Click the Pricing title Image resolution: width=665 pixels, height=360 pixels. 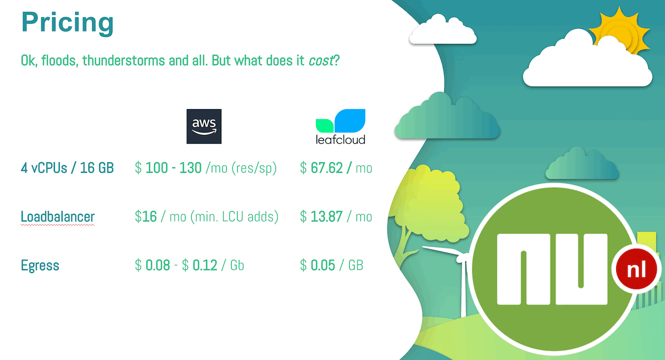pyautogui.click(x=68, y=23)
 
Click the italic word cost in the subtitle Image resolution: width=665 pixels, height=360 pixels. pyautogui.click(x=321, y=60)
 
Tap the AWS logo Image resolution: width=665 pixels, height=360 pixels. pyautogui.click(x=204, y=126)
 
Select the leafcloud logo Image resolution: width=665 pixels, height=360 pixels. pyautogui.click(x=340, y=127)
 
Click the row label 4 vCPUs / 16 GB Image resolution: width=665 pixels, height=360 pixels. pyautogui.click(x=68, y=168)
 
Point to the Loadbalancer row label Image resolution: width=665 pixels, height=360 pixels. pyautogui.click(x=58, y=217)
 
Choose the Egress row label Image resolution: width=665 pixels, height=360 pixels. pyautogui.click(x=40, y=265)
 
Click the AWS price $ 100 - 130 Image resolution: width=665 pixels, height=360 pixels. pyautogui.click(x=168, y=168)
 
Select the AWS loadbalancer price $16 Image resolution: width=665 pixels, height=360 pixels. pyautogui.click(x=145, y=217)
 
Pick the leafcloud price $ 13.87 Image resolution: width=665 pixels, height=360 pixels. pyautogui.click(x=321, y=217)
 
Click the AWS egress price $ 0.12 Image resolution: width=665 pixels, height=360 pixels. pyautogui.click(x=199, y=265)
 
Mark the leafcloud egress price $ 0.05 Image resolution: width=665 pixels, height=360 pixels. pyautogui.click(x=318, y=265)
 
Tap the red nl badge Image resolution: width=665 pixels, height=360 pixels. pyautogui.click(x=636, y=269)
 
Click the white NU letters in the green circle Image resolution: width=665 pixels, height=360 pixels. pyautogui.click(x=552, y=269)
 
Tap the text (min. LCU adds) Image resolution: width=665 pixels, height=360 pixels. pyautogui.click(x=234, y=217)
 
